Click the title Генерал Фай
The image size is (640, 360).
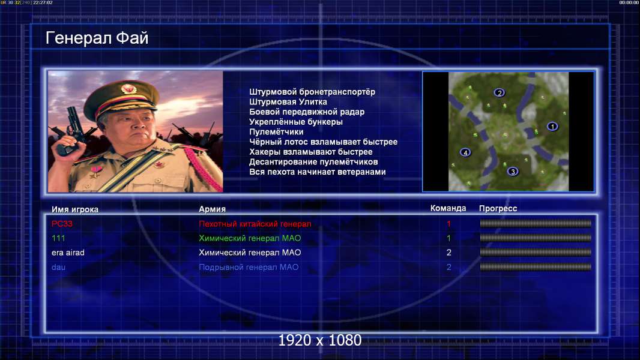97,38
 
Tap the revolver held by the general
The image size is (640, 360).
71,130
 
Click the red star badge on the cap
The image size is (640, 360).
127,88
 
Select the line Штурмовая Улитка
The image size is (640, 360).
288,102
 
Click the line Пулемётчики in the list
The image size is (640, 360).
276,131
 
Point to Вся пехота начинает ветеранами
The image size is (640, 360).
318,172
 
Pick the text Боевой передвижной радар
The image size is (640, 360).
307,112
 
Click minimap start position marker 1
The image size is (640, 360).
552,127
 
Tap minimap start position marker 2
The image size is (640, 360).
499,92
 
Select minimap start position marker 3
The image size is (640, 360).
513,171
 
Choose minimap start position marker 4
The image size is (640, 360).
465,152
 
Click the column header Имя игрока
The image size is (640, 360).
75,209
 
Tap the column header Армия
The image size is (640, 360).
213,209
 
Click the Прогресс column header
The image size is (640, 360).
498,208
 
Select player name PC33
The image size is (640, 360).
62,223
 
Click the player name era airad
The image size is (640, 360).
68,253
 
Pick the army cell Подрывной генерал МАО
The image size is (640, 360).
249,267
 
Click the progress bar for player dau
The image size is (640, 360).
536,267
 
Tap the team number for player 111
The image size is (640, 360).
448,238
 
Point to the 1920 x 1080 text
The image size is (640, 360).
320,340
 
